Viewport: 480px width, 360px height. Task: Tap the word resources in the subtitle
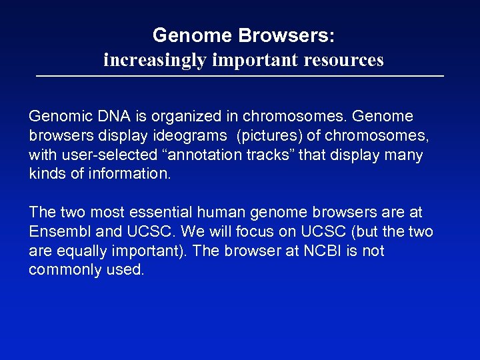tap(344, 60)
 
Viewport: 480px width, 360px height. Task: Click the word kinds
tap(45, 174)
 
